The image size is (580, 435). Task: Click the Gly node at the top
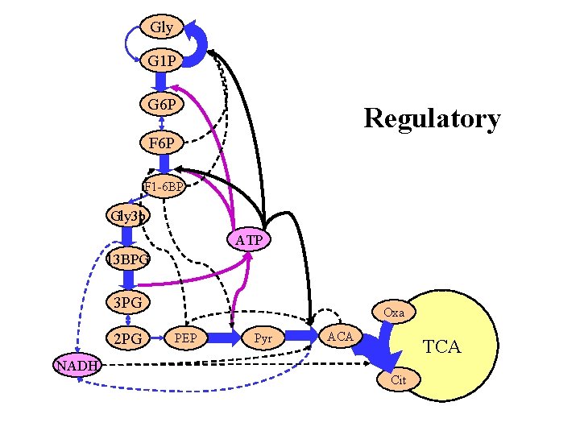coord(161,27)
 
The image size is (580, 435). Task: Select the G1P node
coord(162,61)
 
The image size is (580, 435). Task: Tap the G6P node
coord(162,105)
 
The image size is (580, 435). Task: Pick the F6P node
coord(162,143)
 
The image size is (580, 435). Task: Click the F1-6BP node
coord(164,188)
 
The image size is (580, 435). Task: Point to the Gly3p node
coord(127,215)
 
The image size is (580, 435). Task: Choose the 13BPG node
coord(127,259)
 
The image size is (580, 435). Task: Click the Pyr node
coord(263,335)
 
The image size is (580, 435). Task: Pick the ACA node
coord(339,335)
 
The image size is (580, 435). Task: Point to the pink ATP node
coord(250,240)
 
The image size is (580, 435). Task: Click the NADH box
coord(77,365)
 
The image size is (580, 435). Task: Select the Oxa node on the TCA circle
coord(394,312)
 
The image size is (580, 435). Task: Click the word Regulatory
coord(432,118)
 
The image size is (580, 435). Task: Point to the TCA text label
coord(442,347)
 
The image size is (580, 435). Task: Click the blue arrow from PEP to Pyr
coord(227,335)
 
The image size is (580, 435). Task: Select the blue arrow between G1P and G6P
coord(161,83)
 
